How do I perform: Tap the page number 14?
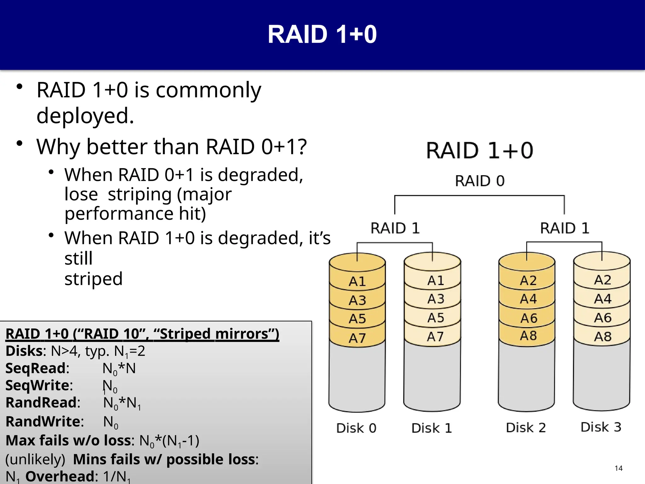619,468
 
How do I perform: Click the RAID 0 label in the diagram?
480,181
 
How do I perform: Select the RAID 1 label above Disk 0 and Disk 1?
395,228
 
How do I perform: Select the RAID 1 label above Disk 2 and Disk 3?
565,228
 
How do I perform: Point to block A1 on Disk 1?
436,280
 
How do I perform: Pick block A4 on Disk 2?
528,299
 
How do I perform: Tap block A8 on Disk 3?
602,337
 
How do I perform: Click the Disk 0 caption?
356,428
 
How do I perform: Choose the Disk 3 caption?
601,427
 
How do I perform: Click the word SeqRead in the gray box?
36,368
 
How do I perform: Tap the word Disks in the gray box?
24,351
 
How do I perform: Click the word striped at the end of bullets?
94,279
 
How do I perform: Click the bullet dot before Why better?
20,144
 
